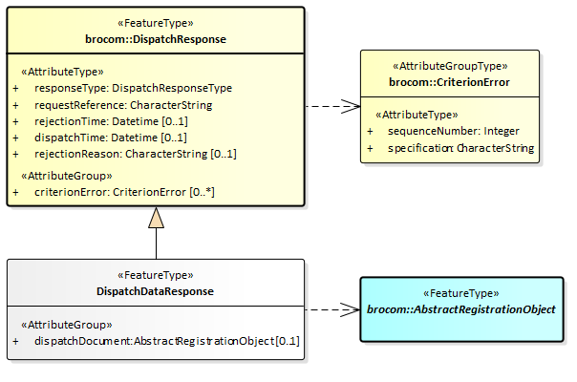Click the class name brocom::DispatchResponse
tap(156, 39)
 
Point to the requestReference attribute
tap(123, 104)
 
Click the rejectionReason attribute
tap(135, 154)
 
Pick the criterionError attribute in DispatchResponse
tap(123, 192)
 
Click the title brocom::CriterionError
tap(449, 82)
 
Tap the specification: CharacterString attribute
tap(460, 148)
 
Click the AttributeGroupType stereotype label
tap(450, 67)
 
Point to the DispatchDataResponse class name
tap(156, 290)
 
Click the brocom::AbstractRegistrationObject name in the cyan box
tap(461, 310)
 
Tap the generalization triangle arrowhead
tap(156, 218)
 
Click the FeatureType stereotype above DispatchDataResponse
tap(156, 275)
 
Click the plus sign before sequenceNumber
tap(371, 131)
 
